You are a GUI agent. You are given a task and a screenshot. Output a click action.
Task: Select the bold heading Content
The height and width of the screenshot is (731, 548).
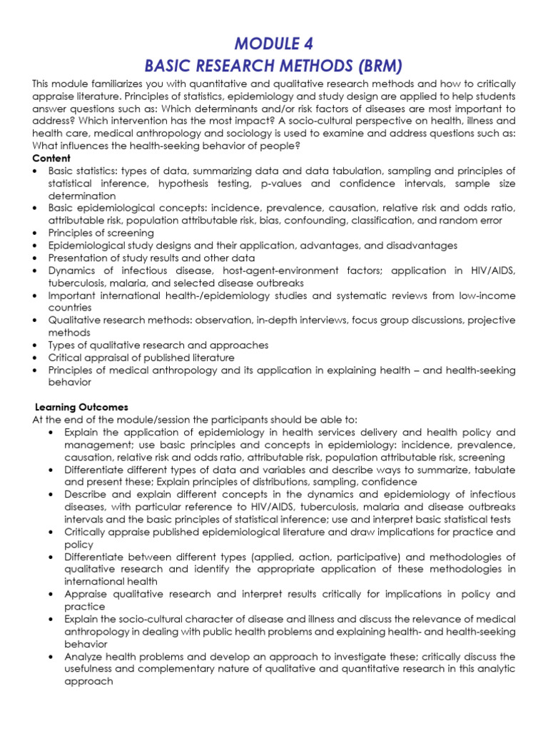51,158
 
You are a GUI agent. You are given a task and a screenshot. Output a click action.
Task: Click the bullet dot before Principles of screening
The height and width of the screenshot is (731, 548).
35,233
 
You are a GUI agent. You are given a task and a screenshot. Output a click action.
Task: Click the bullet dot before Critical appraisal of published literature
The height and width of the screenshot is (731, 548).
35,358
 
